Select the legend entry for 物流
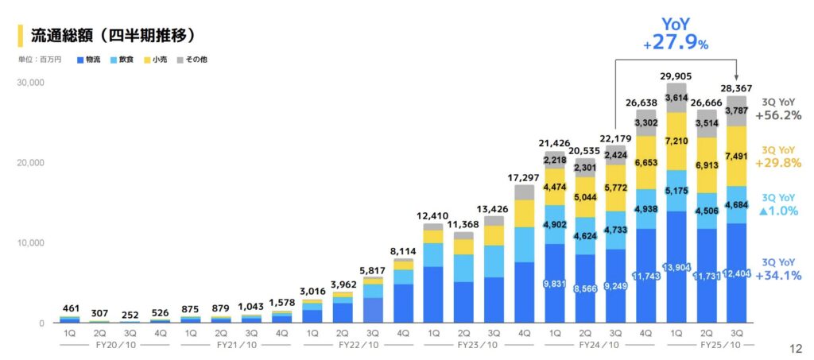coord(88,60)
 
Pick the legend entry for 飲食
coord(122,60)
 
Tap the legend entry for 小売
coord(155,60)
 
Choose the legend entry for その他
coord(192,60)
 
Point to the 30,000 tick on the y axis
coord(31,82)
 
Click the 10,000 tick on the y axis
coord(31,242)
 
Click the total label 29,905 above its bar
coord(676,76)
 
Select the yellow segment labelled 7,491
coord(737,157)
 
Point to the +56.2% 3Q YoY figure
coord(779,116)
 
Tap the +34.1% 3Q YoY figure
coord(779,276)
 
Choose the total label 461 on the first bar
coord(71,308)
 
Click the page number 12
coord(796,347)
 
